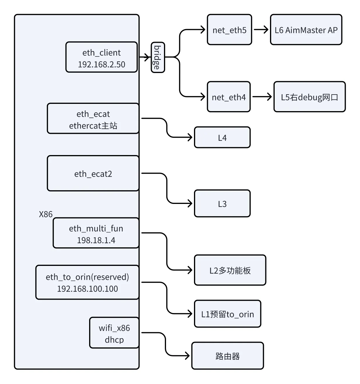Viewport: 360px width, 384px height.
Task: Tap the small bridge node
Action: tap(158, 57)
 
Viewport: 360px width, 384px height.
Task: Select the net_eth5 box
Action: tap(229, 30)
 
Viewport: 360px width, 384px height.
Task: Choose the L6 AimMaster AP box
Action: tap(306, 30)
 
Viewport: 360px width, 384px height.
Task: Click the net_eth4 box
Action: tap(229, 97)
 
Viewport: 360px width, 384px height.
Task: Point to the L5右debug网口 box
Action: tap(309, 97)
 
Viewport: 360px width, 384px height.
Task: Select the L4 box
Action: tap(222, 137)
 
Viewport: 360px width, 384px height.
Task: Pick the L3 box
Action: tap(222, 204)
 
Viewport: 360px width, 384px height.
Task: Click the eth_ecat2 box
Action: tap(93, 173)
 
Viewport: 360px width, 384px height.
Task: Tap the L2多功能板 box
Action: tap(230, 270)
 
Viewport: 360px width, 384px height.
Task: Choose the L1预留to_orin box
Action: tap(227, 314)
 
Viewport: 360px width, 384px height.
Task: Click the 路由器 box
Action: tap(227, 356)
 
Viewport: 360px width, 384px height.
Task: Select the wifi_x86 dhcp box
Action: tap(114, 333)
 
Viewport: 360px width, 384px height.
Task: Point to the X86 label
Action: tap(46, 214)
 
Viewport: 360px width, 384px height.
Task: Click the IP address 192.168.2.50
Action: tap(101, 64)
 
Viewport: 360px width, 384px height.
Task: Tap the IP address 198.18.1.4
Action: tap(96, 240)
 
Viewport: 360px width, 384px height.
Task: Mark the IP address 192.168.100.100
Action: tap(87, 289)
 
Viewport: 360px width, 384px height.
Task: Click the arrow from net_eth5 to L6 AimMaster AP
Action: tap(261, 30)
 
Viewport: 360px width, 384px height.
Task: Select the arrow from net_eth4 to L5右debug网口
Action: tap(262, 97)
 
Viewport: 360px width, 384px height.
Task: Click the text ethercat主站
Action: tap(93, 126)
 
